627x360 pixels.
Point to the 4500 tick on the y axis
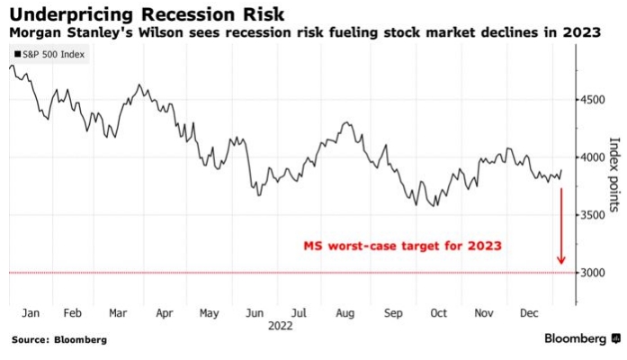click(x=592, y=100)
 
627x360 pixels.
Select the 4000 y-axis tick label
click(x=592, y=157)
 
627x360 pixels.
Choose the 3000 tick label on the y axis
click(x=592, y=272)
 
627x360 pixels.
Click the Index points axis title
click(x=615, y=175)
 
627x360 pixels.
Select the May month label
click(x=209, y=314)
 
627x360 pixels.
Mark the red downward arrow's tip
click(x=561, y=265)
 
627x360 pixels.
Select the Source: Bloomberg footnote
click(x=59, y=340)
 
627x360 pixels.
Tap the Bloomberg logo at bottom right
click(x=581, y=339)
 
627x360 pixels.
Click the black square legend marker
click(x=17, y=55)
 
